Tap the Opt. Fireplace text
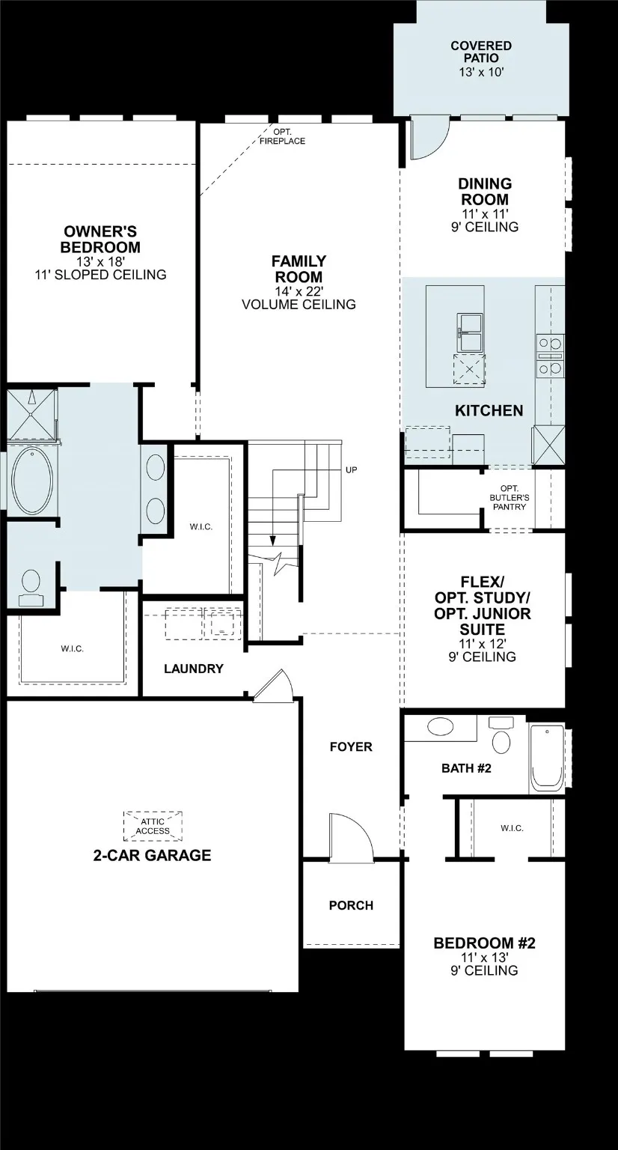tap(282, 136)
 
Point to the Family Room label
tap(299, 269)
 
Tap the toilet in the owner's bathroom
tap(31, 585)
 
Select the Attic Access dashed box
tap(153, 826)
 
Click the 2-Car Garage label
tap(152, 855)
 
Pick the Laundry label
tap(193, 669)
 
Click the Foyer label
tap(351, 746)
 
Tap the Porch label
tap(351, 905)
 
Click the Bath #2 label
tap(466, 767)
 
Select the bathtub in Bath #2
tap(546, 758)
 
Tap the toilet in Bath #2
tap(501, 737)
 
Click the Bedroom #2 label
tap(484, 943)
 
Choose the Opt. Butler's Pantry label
tap(508, 498)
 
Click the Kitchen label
tap(489, 410)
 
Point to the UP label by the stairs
tap(352, 470)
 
